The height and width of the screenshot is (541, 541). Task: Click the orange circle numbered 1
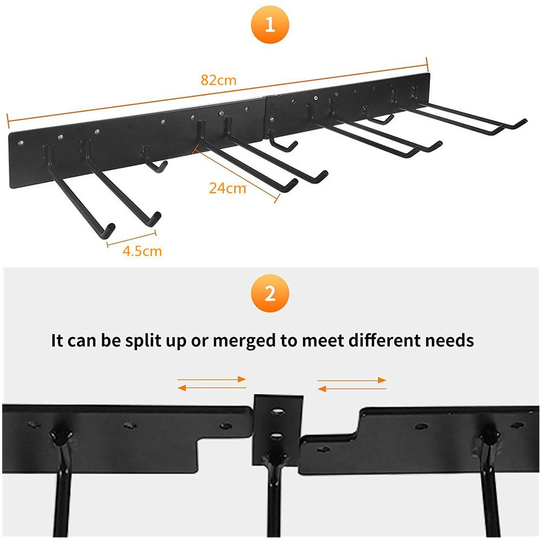270,24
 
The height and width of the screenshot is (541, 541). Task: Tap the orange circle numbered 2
270,293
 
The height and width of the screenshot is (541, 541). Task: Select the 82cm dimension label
219,80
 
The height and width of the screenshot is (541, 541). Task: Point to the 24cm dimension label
227,188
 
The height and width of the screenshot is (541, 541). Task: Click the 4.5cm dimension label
142,251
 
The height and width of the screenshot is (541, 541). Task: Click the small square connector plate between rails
278,431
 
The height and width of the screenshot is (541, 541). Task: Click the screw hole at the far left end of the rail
21,142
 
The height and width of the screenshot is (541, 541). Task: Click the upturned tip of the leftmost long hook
110,229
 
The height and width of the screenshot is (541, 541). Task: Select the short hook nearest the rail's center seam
283,142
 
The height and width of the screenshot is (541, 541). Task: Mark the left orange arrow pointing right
212,380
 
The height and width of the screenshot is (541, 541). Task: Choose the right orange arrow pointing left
352,389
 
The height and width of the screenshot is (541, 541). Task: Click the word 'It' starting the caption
57,340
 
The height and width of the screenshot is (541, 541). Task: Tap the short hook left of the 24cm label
154,160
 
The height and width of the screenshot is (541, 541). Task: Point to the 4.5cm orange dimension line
131,239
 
